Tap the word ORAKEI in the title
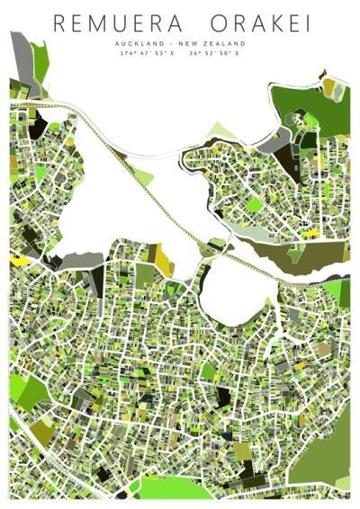tap(258, 24)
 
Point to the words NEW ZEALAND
tap(220, 43)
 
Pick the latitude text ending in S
tap(214, 54)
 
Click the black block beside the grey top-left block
tap(38, 126)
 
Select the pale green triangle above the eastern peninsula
tap(220, 131)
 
